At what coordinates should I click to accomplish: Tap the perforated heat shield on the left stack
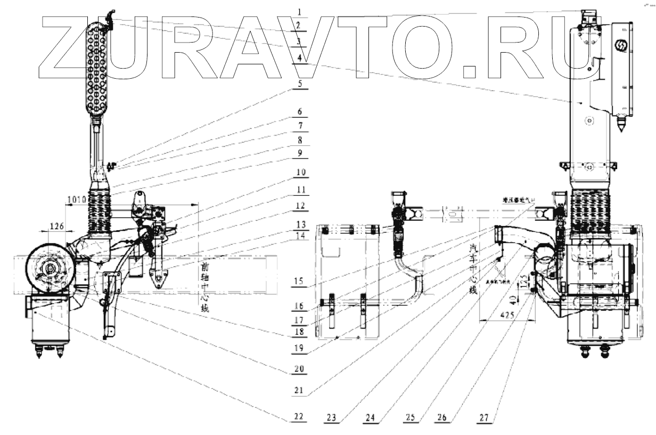[99, 69]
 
